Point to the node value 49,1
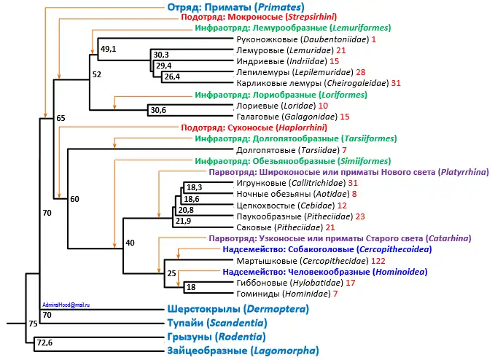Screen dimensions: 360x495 coord(109,49)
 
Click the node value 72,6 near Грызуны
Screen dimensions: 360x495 coord(44,341)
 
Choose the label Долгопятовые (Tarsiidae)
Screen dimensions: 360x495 coord(284,149)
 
